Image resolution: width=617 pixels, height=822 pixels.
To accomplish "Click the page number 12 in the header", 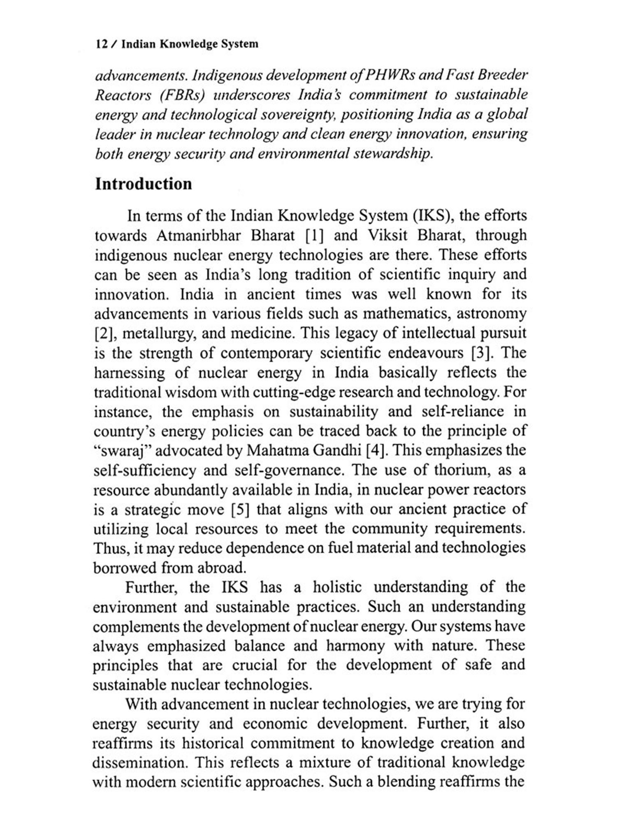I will [102, 44].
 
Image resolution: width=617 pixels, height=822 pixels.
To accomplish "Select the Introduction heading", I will [144, 184].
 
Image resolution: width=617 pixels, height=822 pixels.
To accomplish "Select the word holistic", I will [337, 587].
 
